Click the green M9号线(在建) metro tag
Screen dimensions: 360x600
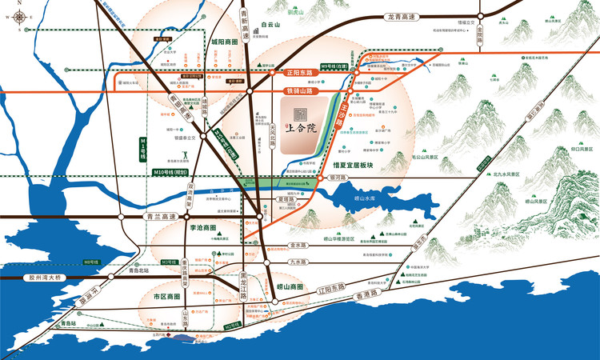point(336,66)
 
